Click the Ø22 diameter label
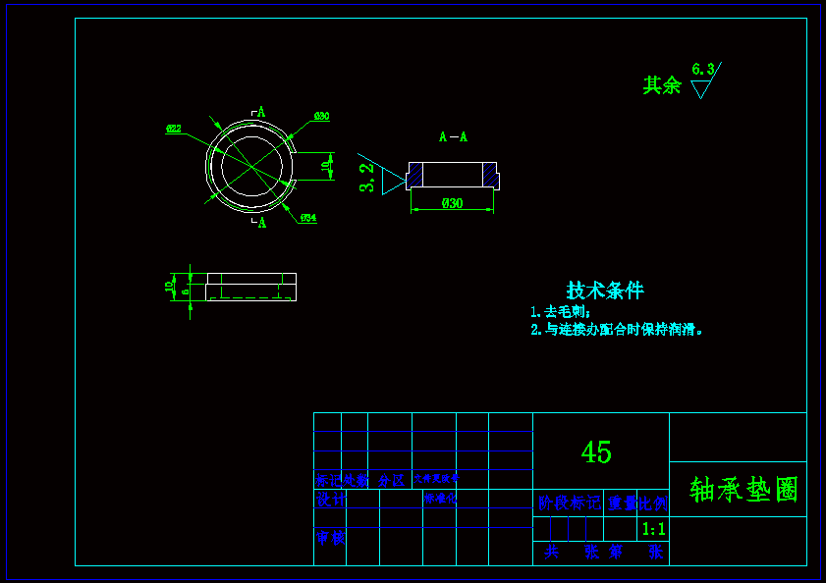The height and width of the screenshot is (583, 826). [x=173, y=129]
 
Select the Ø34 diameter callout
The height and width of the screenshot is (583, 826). [x=308, y=218]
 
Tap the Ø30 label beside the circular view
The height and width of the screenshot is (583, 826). [x=321, y=117]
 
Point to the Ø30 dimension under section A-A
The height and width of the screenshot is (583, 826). [x=452, y=203]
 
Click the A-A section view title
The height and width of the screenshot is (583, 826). [x=453, y=137]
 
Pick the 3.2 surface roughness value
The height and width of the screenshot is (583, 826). [x=367, y=178]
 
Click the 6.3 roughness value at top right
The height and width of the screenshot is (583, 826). [x=703, y=69]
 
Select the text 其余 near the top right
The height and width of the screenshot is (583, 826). [x=662, y=85]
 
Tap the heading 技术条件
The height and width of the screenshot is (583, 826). [x=605, y=291]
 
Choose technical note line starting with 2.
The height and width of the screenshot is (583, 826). [x=617, y=330]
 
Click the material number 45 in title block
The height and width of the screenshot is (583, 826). [x=596, y=452]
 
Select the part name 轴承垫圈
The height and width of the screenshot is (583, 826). [x=744, y=489]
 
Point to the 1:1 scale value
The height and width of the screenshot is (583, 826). [x=653, y=529]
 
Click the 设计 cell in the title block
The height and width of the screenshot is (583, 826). [x=330, y=499]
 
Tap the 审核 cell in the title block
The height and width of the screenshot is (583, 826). [x=330, y=538]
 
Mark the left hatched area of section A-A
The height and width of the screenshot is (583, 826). [x=415, y=175]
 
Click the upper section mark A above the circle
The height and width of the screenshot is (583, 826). [x=261, y=112]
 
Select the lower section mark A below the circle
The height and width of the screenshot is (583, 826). [x=262, y=223]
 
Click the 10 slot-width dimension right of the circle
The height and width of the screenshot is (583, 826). [x=325, y=167]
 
